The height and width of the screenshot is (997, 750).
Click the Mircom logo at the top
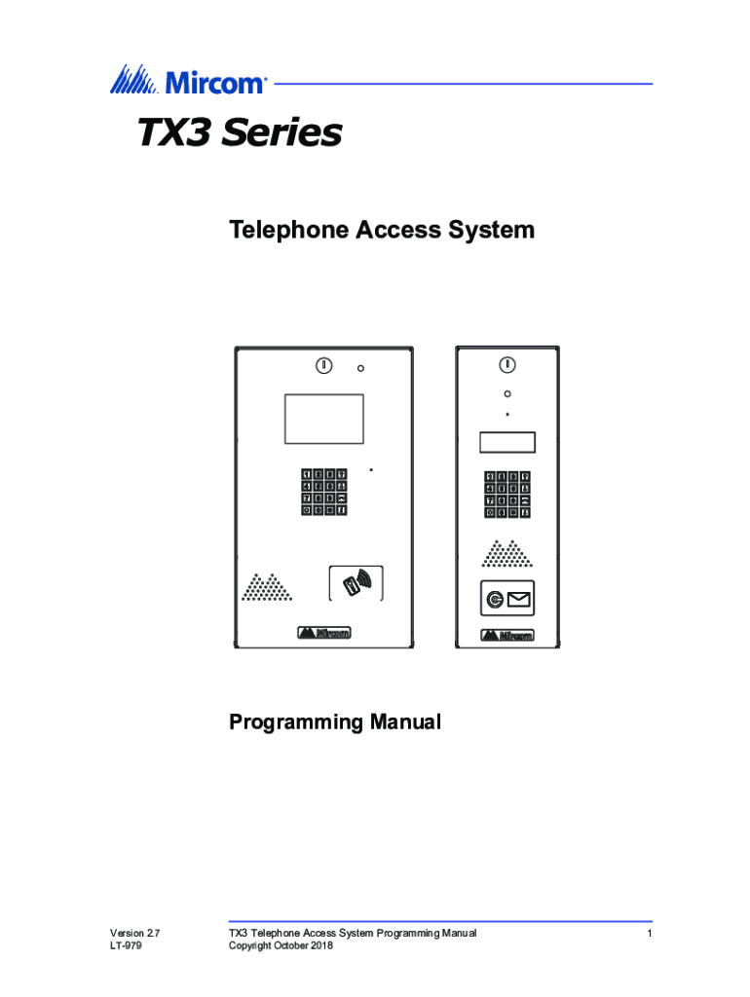click(x=188, y=80)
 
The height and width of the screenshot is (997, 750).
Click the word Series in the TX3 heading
click(x=281, y=132)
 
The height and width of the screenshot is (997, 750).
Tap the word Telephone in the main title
click(x=289, y=230)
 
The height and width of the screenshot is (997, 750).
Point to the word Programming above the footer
click(x=296, y=722)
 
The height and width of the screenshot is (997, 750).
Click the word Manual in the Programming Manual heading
click(x=405, y=721)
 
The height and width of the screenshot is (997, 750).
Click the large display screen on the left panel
click(x=323, y=419)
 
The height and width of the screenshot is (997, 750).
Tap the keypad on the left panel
click(x=323, y=492)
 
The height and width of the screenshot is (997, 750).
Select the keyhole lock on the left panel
click(x=323, y=366)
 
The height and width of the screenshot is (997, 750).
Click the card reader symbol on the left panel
click(x=356, y=583)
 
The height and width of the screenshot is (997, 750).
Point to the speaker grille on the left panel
click(x=267, y=587)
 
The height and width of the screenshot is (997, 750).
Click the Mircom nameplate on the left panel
click(x=323, y=633)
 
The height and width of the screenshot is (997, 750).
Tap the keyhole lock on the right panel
click(x=507, y=365)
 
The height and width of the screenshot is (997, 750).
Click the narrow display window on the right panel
click(x=507, y=443)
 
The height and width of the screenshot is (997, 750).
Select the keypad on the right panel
click(x=507, y=495)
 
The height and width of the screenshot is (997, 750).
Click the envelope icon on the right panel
click(x=518, y=599)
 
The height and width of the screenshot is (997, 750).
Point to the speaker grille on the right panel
click(x=507, y=553)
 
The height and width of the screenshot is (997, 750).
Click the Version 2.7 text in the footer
click(x=134, y=933)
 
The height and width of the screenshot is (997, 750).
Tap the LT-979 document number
click(x=126, y=945)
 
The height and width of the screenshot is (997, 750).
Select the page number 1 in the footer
click(x=650, y=934)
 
